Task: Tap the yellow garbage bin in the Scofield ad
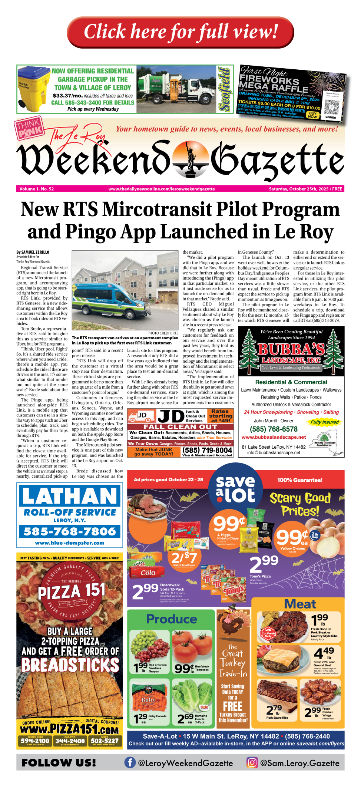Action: [34, 89]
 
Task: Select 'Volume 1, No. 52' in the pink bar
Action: [37, 189]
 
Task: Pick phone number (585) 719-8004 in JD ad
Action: [207, 450]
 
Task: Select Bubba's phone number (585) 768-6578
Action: [274, 429]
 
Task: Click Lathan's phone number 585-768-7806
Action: [70, 531]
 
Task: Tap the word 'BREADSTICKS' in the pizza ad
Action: [70, 665]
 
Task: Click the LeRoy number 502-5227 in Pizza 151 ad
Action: [105, 741]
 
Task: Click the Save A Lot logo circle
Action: [235, 489]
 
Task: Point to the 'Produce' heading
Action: [171, 619]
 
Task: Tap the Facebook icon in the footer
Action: [130, 762]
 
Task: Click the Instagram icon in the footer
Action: [252, 762]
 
